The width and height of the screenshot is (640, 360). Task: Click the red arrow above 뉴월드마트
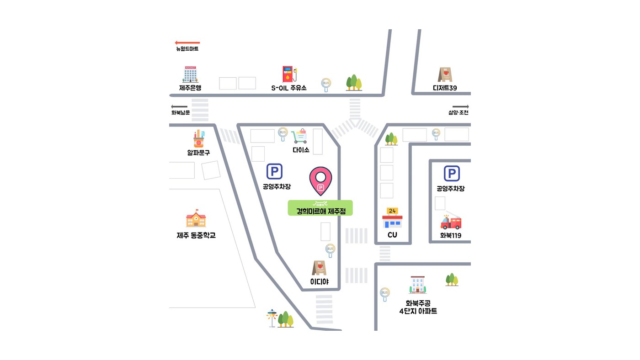pos(187,42)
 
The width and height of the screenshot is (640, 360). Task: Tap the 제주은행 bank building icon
pos(190,74)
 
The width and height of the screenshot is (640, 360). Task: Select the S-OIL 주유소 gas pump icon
pos(289,74)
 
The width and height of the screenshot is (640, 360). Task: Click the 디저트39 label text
pos(444,88)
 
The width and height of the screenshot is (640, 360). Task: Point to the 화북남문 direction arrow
pos(179,106)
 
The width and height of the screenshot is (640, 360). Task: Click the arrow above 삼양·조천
pos(461,106)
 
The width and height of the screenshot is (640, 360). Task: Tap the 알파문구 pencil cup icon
pos(199,139)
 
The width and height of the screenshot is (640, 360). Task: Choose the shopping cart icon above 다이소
pos(299,136)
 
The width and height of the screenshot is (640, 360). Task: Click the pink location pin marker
pos(320,181)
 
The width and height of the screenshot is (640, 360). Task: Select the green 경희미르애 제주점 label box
pos(320,208)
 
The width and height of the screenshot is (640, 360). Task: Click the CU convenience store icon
pos(392,218)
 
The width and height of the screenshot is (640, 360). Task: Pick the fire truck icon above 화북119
pos(451,222)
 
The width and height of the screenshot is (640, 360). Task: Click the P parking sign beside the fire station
pos(452,173)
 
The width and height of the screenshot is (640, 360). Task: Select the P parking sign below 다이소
pos(274,171)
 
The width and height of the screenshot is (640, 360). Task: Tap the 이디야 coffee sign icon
pos(319,268)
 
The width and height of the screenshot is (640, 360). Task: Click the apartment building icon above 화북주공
pos(417,285)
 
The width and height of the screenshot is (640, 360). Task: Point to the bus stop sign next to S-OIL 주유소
pos(326,85)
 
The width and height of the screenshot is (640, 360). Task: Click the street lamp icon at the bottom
pos(272,318)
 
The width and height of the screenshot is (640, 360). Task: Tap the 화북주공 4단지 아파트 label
pos(418,307)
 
